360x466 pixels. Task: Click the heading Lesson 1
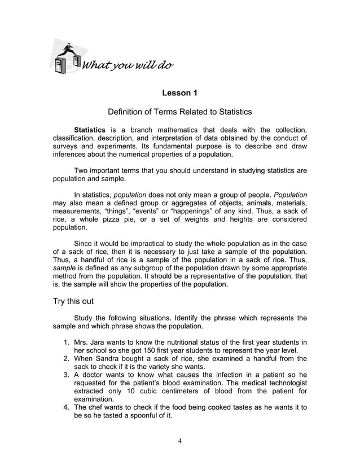(179, 93)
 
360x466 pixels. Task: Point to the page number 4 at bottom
(179, 441)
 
